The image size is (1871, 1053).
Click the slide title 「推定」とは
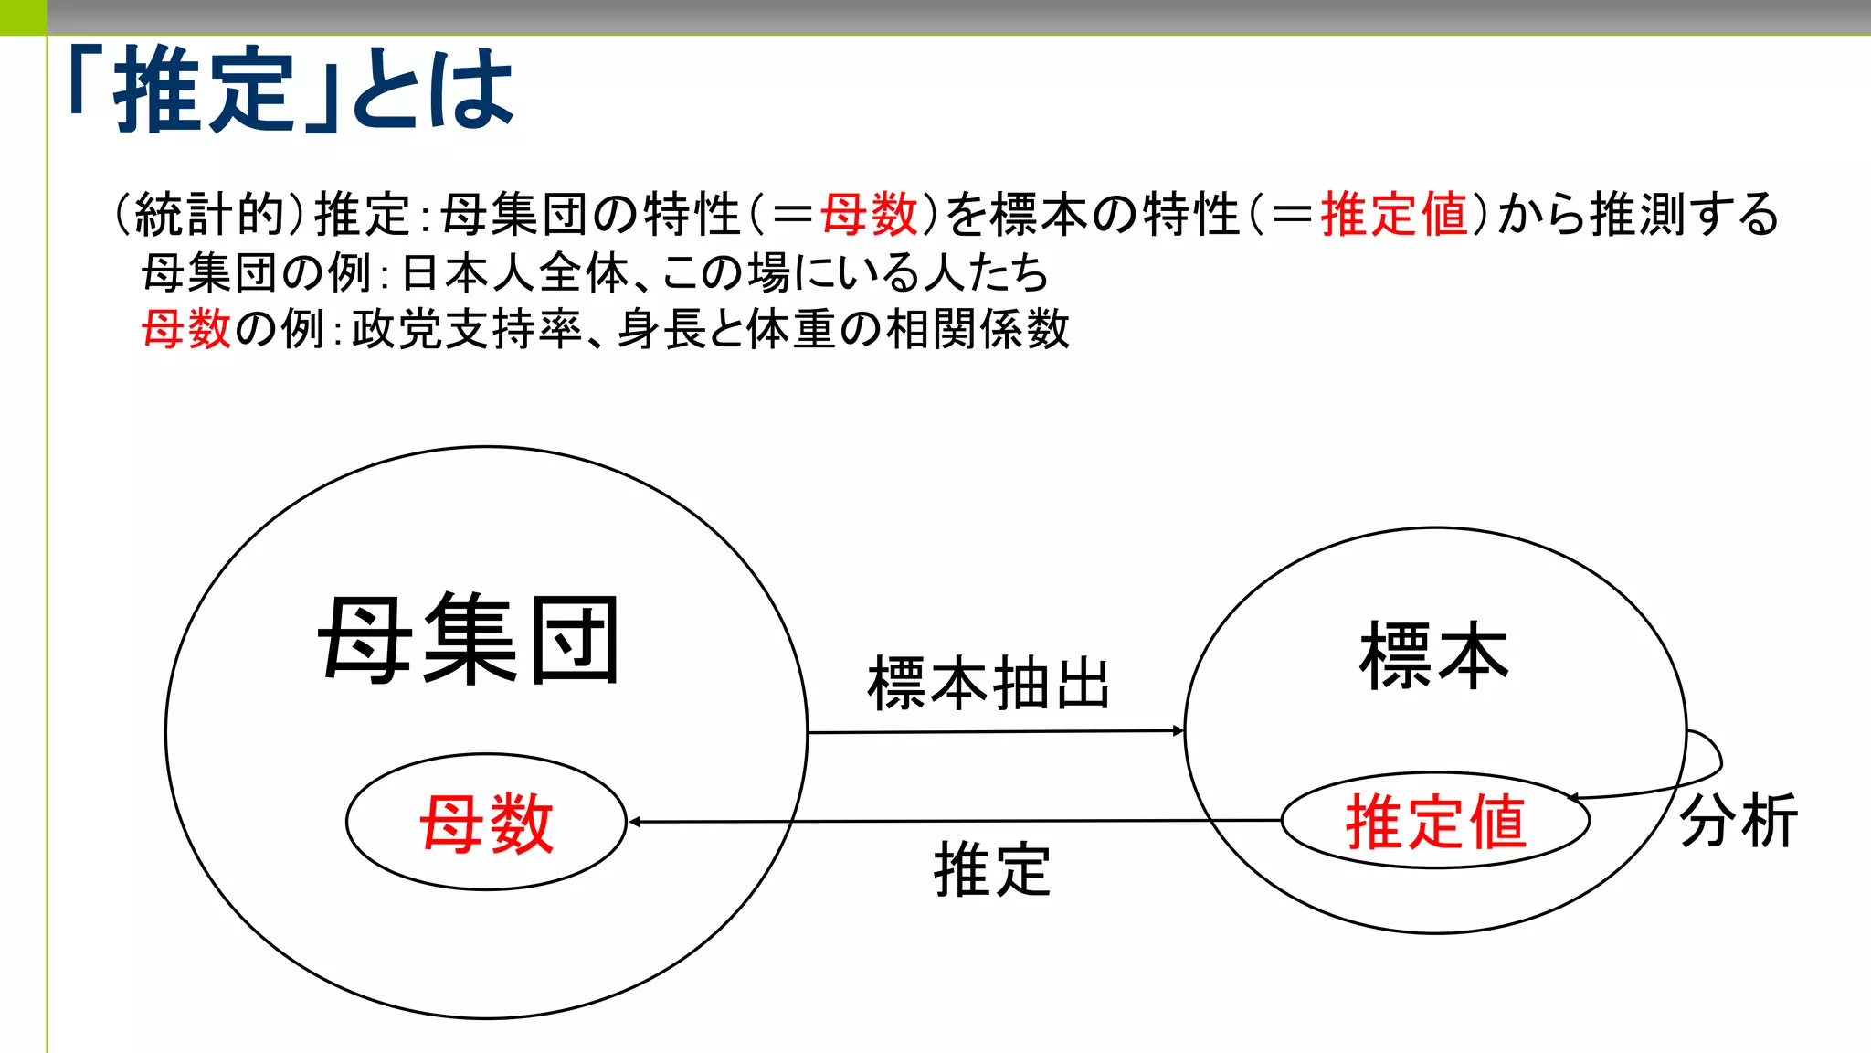(292, 90)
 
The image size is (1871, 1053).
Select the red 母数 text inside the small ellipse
(487, 823)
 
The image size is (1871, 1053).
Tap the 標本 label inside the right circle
(1433, 656)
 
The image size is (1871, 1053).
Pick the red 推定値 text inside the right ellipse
(1435, 822)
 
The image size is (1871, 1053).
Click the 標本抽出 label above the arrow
(988, 683)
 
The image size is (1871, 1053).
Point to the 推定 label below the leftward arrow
(992, 869)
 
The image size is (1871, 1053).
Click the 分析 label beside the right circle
(1739, 820)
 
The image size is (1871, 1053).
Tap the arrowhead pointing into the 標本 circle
(1179, 730)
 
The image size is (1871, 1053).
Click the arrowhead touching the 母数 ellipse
(634, 822)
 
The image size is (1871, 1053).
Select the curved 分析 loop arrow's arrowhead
(1574, 798)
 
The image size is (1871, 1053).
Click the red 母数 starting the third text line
(186, 329)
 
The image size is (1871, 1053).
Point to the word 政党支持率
(467, 329)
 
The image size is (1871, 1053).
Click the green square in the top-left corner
(23, 17)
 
